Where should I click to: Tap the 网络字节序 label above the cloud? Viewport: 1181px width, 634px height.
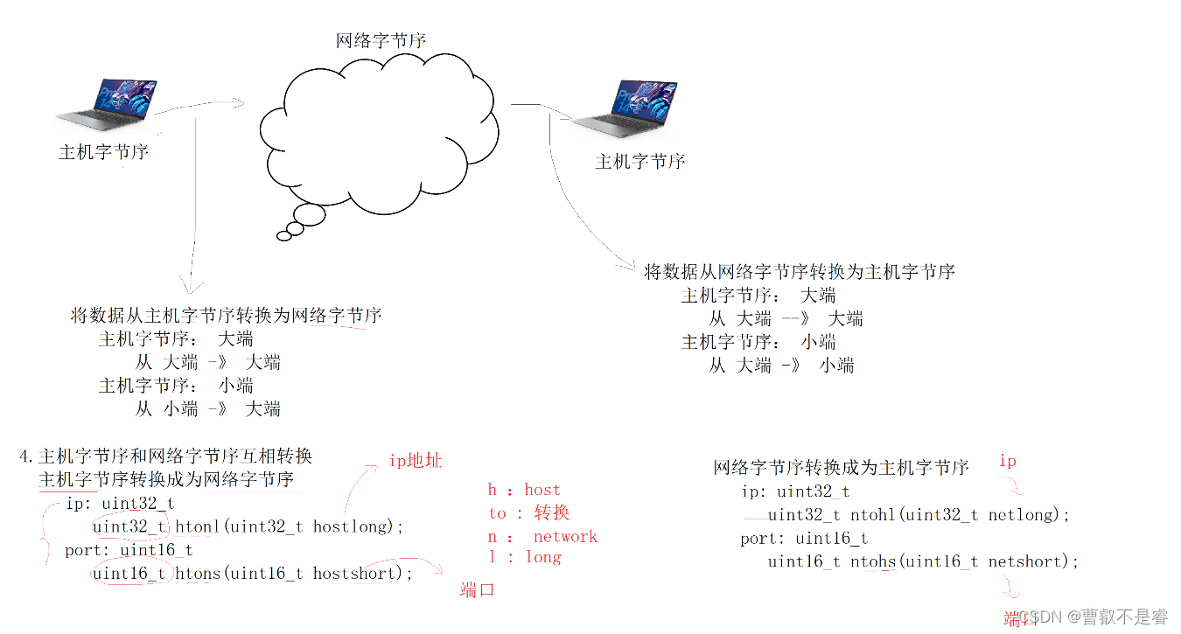pyautogui.click(x=381, y=40)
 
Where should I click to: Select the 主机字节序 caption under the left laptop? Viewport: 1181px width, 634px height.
pyautogui.click(x=103, y=152)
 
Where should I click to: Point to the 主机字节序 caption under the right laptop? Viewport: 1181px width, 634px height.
pyautogui.click(x=639, y=162)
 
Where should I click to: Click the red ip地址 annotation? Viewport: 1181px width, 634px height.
pyautogui.click(x=415, y=461)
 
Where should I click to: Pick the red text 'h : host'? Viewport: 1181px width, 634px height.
pyautogui.click(x=523, y=490)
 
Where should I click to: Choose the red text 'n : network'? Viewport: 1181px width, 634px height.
pyautogui.click(x=542, y=536)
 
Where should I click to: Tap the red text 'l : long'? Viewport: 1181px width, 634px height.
pyautogui.click(x=524, y=557)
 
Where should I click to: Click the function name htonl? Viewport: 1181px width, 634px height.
pyautogui.click(x=198, y=526)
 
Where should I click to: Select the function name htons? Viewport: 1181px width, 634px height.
pyautogui.click(x=198, y=573)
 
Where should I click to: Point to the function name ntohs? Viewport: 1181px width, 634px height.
pyautogui.click(x=873, y=561)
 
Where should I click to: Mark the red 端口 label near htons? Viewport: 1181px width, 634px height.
pyautogui.click(x=478, y=590)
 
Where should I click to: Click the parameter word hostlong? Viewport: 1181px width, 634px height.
pyautogui.click(x=350, y=526)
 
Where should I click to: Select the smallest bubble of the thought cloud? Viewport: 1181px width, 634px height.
pyautogui.click(x=283, y=235)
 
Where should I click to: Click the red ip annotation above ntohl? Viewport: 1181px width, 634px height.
pyautogui.click(x=1008, y=461)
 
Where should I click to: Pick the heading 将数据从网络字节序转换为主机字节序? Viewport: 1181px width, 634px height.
pyautogui.click(x=799, y=272)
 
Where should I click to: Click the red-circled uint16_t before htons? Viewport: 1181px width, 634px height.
pyautogui.click(x=129, y=573)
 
